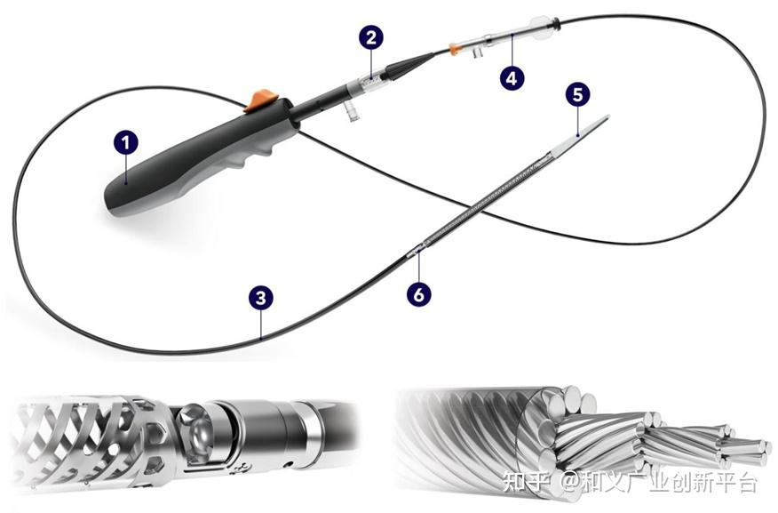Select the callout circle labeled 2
372,37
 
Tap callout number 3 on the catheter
259,297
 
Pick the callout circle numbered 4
511,77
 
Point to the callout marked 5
577,94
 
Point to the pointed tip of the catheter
608,117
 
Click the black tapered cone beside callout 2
410,64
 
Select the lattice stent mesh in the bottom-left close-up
80,427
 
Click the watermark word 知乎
523,482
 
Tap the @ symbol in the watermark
568,483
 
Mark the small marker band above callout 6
414,252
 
